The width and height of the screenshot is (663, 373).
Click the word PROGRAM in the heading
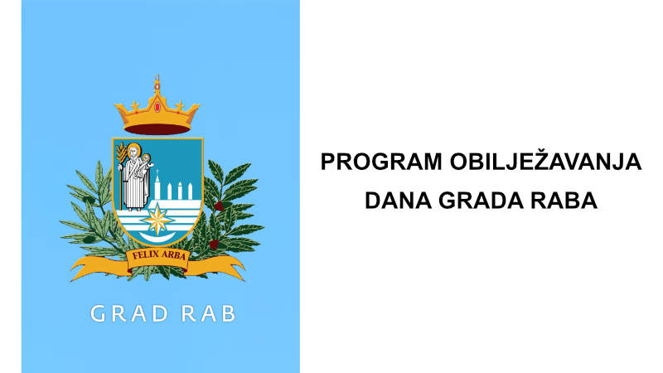tap(381, 162)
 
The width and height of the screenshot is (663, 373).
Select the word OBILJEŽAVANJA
tap(545, 162)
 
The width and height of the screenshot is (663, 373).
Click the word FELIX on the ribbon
tap(146, 254)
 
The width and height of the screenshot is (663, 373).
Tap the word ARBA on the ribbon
tap(173, 255)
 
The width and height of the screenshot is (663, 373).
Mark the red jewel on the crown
tap(157, 107)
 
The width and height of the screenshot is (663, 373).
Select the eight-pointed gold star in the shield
tap(157, 220)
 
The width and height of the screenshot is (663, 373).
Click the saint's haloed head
tap(133, 151)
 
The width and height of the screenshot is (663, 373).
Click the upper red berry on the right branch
tap(218, 206)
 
